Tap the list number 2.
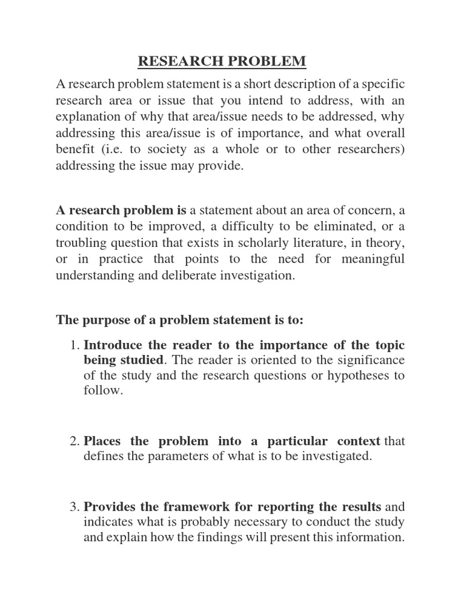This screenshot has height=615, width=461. coord(74,441)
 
